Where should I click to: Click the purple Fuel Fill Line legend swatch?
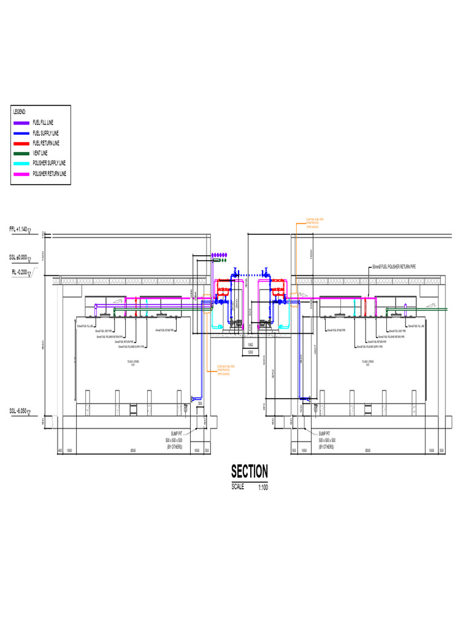[x=23, y=123]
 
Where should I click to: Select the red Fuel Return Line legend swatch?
[x=23, y=143]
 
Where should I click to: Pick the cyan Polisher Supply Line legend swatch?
[x=23, y=163]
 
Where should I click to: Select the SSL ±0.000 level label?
[x=20, y=258]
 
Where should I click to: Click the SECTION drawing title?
[x=249, y=472]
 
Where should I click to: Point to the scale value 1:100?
[x=262, y=488]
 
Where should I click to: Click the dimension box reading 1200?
[x=250, y=352]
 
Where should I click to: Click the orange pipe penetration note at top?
[x=315, y=223]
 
